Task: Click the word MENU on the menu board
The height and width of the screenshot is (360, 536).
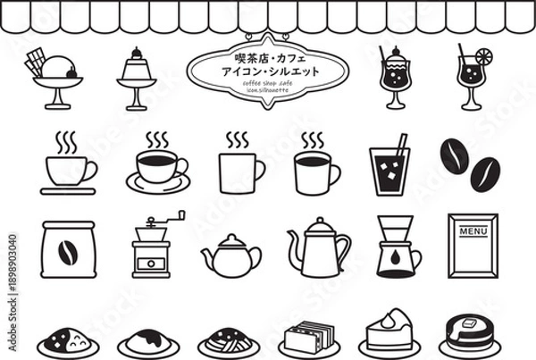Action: click(472, 231)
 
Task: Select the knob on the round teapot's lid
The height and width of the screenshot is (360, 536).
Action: click(230, 238)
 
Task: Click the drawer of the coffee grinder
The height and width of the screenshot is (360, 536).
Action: click(151, 264)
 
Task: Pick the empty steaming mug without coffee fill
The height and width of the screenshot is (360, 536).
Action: click(239, 170)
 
